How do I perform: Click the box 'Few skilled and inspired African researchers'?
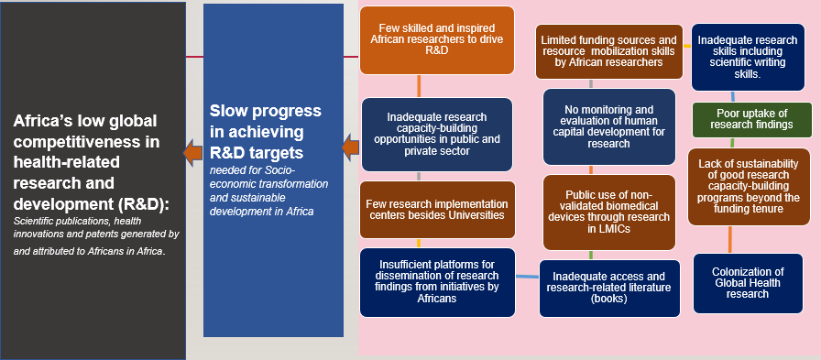(437, 39)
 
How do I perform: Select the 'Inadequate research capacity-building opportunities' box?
(437, 135)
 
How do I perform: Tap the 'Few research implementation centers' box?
(437, 209)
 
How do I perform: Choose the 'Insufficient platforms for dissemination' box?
(437, 282)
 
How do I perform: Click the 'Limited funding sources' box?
(609, 51)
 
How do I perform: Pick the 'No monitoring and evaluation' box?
(609, 126)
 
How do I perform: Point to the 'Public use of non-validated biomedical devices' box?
(609, 213)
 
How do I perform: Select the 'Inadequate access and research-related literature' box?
(609, 289)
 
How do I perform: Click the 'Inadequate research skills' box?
(748, 57)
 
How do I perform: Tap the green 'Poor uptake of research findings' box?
(752, 120)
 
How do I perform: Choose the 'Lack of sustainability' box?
(749, 187)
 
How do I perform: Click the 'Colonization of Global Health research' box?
(748, 283)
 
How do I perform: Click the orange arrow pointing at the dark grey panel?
(192, 152)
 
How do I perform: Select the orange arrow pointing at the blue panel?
(351, 148)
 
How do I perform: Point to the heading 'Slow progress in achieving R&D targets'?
(266, 132)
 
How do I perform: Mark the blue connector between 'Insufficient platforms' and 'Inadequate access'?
(527, 276)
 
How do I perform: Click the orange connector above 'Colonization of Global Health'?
(729, 240)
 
